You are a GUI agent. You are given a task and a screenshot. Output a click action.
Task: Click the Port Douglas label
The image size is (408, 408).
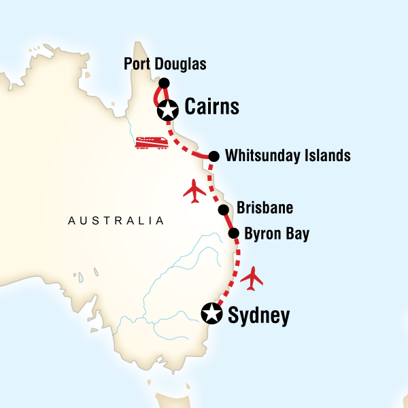click(165, 65)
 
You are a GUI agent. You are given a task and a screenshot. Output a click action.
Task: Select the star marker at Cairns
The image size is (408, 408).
click(167, 109)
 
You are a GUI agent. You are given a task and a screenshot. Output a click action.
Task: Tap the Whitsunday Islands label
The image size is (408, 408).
click(288, 156)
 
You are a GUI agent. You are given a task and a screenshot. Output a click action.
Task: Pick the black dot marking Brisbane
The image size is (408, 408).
click(222, 209)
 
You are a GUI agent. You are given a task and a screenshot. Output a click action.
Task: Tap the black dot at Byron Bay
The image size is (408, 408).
click(233, 234)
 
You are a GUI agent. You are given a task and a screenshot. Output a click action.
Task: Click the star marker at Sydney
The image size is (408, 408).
click(212, 313)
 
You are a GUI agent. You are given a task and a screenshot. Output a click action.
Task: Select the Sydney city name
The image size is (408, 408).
click(260, 315)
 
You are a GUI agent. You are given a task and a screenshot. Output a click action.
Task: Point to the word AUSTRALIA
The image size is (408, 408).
click(115, 220)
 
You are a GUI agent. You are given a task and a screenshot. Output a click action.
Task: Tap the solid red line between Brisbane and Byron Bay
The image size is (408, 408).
click(228, 222)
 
